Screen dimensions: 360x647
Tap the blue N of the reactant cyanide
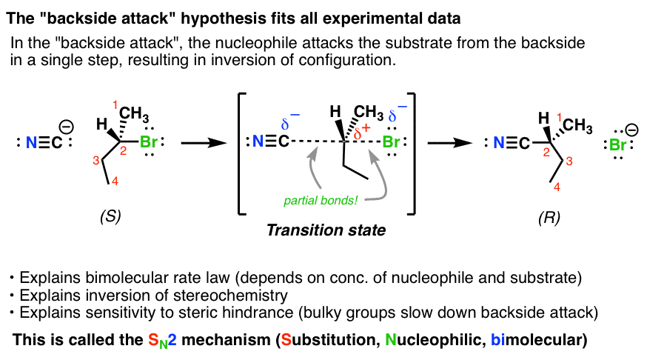coord(32,141)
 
